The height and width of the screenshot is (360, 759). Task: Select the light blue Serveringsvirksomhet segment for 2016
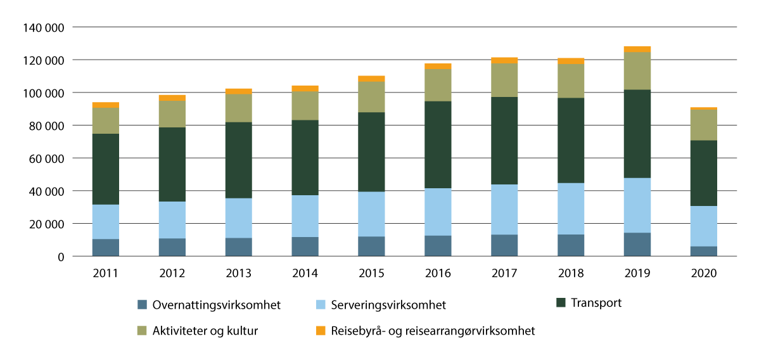(437, 212)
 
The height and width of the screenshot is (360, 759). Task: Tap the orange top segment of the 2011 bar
(105, 105)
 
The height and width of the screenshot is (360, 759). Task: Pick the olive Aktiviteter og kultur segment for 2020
(703, 125)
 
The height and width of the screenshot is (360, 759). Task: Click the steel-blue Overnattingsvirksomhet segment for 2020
(703, 251)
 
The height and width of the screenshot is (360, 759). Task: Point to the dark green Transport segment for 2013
(238, 160)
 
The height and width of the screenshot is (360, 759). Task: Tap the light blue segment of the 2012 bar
(172, 220)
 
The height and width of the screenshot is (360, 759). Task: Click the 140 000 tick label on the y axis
(44, 27)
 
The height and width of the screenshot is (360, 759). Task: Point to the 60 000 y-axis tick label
(47, 158)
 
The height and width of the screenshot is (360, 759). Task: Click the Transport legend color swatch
(561, 304)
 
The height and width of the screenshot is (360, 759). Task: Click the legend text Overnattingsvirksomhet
(217, 305)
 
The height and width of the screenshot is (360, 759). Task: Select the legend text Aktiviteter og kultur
(205, 331)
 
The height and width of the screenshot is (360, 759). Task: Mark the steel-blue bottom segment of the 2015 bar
(371, 246)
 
